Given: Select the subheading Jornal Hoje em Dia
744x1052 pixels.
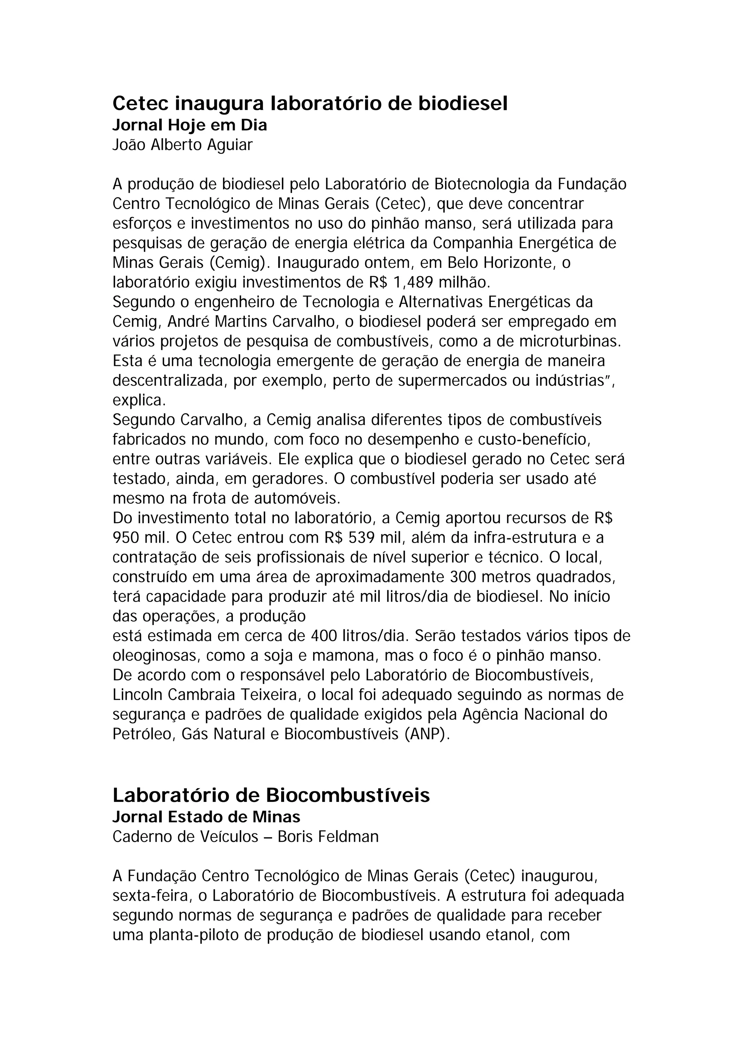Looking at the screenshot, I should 190,125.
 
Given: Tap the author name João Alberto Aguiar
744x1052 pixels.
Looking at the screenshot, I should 182,145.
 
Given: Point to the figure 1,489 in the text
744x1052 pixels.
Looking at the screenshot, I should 413,282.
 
